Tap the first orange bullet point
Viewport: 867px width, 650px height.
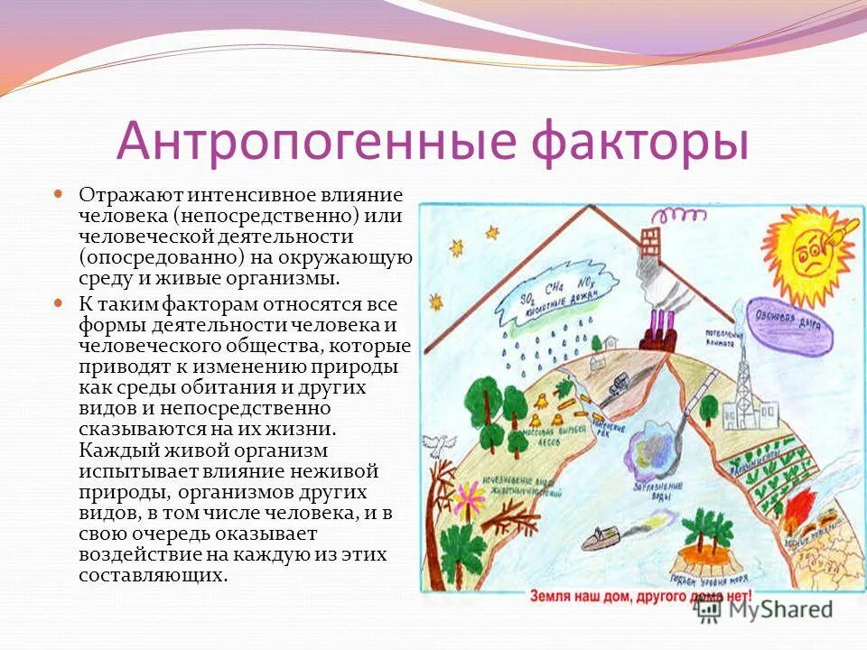[x=59, y=192]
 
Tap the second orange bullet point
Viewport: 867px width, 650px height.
[x=59, y=302]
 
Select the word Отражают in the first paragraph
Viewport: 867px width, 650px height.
[x=119, y=195]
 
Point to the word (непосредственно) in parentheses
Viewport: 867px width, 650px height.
[x=268, y=216]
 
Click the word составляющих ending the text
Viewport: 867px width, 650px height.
[x=152, y=574]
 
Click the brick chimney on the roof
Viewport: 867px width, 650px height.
[x=648, y=242]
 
